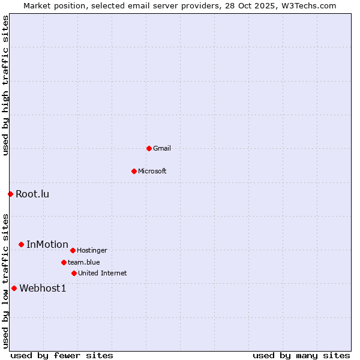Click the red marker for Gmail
coord(149,148)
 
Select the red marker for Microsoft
coord(134,171)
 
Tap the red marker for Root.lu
coord(10,194)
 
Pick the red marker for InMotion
coord(21,244)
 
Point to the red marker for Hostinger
coord(73,250)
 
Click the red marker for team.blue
coord(64,262)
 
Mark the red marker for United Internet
coord(74,273)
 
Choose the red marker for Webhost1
coord(14,288)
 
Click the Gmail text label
coord(162,148)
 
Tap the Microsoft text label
coord(152,171)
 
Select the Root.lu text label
coord(32,194)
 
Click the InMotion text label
coord(47,244)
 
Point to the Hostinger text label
coord(92,250)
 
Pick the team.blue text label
coord(84,262)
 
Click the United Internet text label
coord(103,273)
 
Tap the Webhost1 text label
coord(43,288)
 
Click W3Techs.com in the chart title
coord(306,5)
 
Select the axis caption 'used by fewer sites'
coord(62,355)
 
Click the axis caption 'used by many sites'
coord(301,355)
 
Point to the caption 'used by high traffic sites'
coord(5,85)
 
